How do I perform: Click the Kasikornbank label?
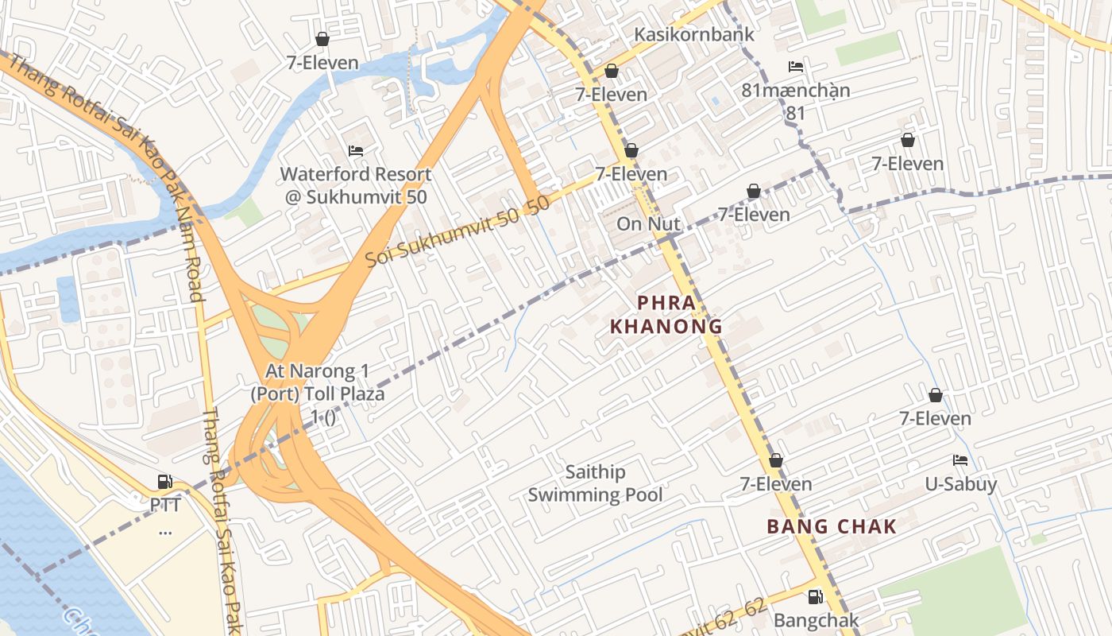[x=693, y=35]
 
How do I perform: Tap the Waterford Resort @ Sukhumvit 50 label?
[x=356, y=185]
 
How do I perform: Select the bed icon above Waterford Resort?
[x=356, y=151]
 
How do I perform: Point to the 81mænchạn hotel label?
[x=795, y=91]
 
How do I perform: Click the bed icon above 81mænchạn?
[x=795, y=67]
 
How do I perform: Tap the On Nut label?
[x=649, y=224]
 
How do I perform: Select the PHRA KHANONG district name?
[x=666, y=315]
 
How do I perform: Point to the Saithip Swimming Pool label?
[x=595, y=483]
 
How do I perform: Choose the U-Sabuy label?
[x=960, y=483]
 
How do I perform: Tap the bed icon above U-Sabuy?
[x=960, y=460]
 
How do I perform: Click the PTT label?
[x=165, y=506]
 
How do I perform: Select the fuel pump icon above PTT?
[x=165, y=482]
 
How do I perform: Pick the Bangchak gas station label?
[x=816, y=620]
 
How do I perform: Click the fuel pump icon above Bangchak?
[x=816, y=597]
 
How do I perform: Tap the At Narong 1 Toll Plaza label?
[x=324, y=394]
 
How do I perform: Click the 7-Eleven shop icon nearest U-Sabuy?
[x=936, y=395]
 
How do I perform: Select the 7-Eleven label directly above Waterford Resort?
[x=322, y=63]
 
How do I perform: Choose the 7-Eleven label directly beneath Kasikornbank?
[x=612, y=95]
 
